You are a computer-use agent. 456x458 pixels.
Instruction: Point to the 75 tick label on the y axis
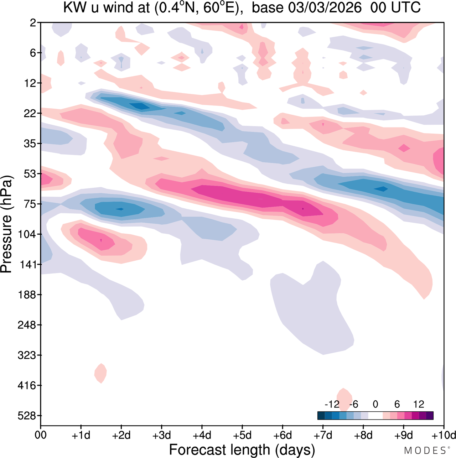30,204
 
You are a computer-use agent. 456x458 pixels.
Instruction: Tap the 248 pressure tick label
27,325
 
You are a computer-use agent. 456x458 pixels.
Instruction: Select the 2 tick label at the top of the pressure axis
33,23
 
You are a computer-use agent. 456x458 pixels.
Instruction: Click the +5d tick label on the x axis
242,435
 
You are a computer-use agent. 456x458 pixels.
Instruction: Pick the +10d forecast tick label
443,435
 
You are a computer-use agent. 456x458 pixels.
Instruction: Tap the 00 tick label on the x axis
41,435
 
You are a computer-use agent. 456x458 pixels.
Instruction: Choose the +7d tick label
323,435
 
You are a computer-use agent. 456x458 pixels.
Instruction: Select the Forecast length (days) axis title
242,449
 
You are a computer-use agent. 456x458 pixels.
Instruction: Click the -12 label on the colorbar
332,404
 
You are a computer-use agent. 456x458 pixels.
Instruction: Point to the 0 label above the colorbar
375,404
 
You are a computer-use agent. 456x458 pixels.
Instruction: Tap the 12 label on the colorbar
419,404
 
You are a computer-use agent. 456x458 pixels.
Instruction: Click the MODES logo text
425,451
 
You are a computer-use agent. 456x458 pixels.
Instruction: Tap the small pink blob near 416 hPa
101,373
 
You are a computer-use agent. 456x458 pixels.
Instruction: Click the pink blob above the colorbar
344,397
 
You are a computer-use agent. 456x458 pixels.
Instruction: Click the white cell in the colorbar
375,416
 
